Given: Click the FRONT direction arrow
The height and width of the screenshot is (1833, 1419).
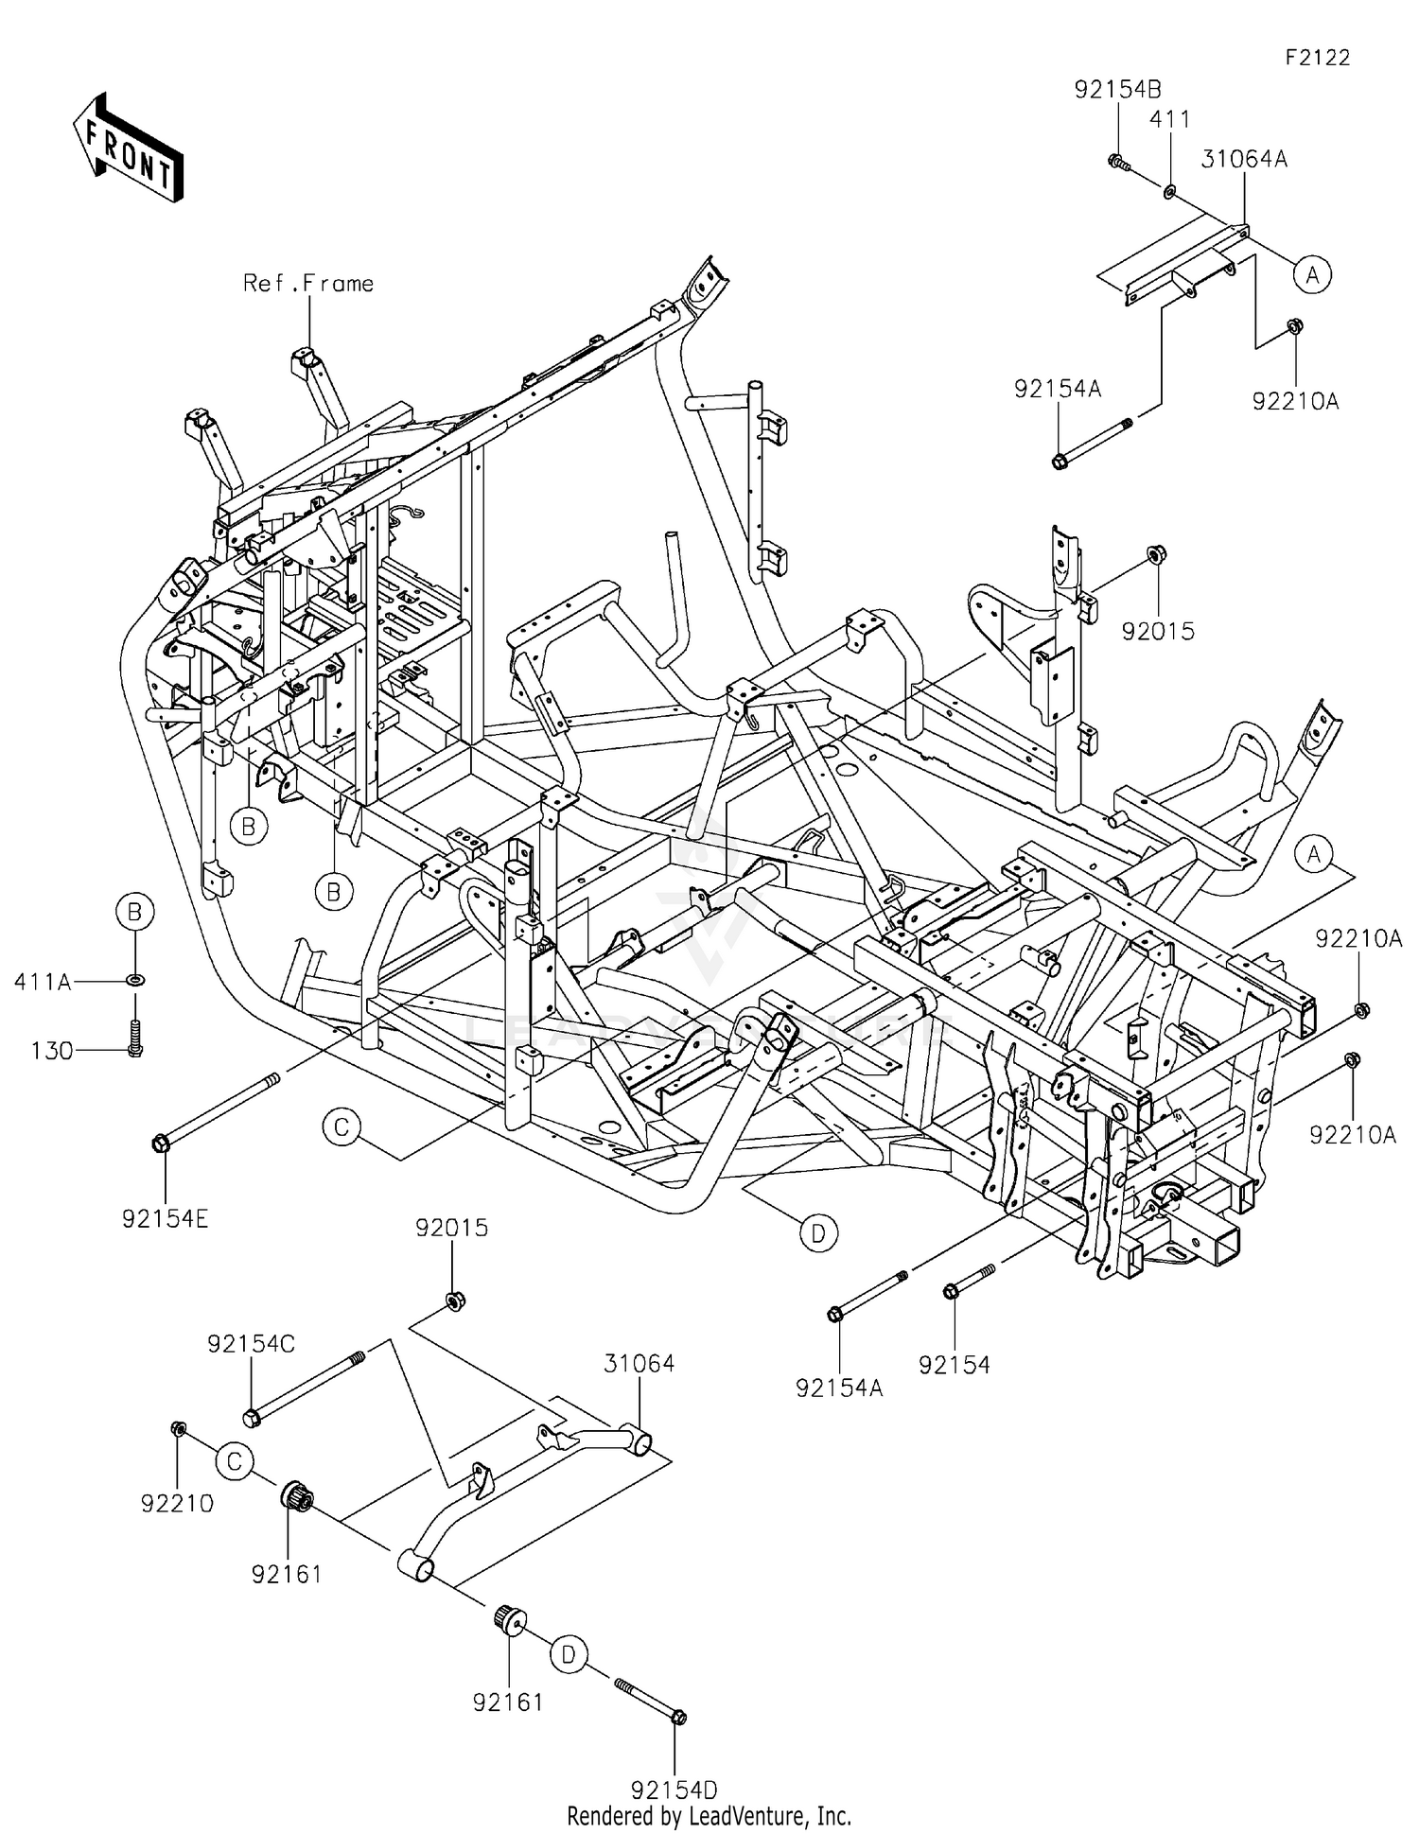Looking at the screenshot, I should tap(129, 148).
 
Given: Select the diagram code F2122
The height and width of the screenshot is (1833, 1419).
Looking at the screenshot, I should tap(1317, 58).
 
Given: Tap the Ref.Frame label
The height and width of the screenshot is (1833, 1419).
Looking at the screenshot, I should tap(308, 284).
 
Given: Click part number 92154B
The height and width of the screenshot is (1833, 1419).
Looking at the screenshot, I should tap(1117, 90).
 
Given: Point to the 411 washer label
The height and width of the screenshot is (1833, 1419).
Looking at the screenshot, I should tap(1169, 119).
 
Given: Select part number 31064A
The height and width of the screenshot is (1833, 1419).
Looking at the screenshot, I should tap(1244, 160).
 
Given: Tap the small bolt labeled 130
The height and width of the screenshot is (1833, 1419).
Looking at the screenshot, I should tap(134, 1037).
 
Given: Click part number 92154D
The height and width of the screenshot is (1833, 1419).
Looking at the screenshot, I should tap(674, 1789).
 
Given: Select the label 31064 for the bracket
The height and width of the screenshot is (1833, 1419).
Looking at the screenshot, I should tap(639, 1363).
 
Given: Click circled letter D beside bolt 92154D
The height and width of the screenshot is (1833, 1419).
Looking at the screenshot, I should tap(569, 1654).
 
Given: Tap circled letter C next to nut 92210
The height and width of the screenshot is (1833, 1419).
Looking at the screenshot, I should tap(234, 1461).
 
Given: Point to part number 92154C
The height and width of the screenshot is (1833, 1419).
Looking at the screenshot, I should tap(252, 1344).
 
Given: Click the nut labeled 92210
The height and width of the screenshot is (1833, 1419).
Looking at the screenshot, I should tap(177, 1428).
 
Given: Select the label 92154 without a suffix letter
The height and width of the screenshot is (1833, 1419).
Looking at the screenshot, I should tap(954, 1365).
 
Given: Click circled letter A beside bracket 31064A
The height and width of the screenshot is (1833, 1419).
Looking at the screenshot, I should tap(1312, 275).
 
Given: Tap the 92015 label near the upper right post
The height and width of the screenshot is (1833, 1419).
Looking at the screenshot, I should tap(1158, 631).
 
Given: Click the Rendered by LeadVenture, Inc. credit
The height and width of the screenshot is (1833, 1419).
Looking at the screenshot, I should tap(709, 1816).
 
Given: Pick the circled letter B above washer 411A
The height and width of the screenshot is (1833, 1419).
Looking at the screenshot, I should tap(134, 912).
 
